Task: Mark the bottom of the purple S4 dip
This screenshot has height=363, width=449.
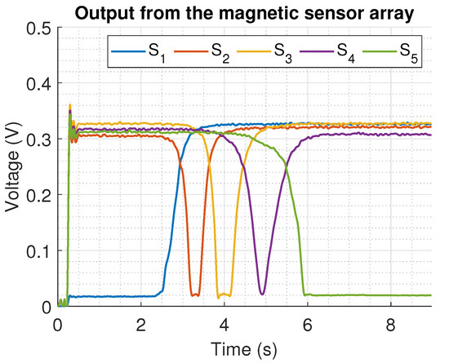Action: (261, 294)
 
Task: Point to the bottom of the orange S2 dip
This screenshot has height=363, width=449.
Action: (194, 294)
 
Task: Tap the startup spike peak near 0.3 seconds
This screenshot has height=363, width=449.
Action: (70, 104)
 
